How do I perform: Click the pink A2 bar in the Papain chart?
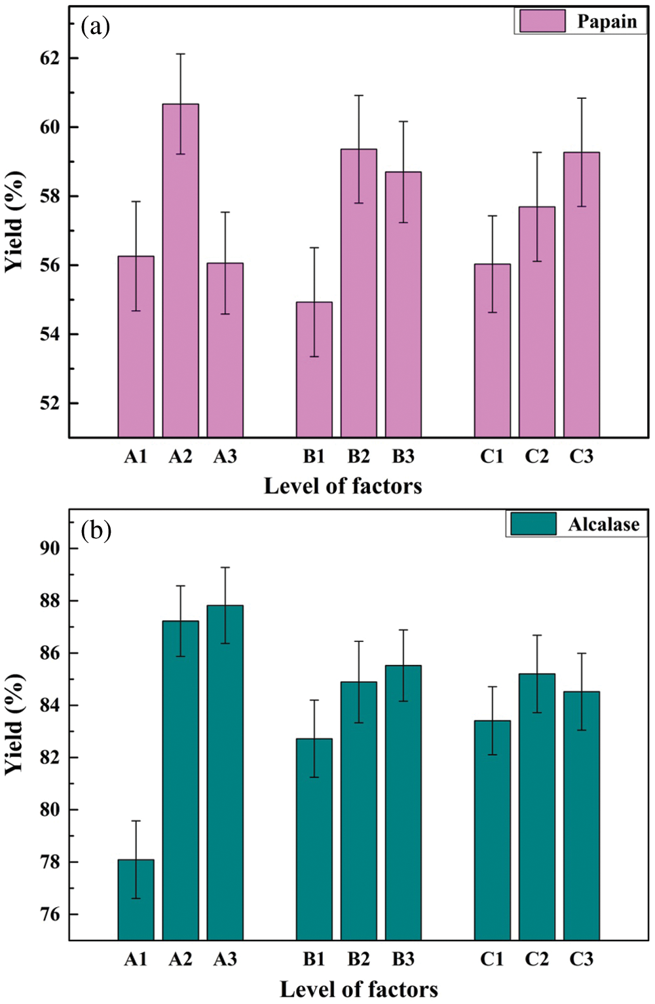pos(181,275)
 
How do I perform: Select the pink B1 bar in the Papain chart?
pos(314,373)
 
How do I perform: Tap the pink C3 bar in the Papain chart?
pos(582,301)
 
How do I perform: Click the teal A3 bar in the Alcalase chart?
pos(225,773)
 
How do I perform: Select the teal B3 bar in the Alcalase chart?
pos(403,806)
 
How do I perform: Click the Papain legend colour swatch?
pos(542,21)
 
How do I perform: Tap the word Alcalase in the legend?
pos(603,525)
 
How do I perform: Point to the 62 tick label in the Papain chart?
pos(50,58)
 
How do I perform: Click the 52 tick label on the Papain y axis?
pos(50,403)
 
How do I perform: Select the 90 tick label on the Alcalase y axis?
pos(50,549)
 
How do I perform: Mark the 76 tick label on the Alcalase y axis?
pos(50,914)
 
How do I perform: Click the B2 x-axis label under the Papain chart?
pos(359,456)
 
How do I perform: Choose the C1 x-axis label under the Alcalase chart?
pos(493,959)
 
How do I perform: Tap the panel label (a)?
pos(96,26)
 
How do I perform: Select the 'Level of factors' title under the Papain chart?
pos(343,486)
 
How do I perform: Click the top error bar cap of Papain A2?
pos(181,54)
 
